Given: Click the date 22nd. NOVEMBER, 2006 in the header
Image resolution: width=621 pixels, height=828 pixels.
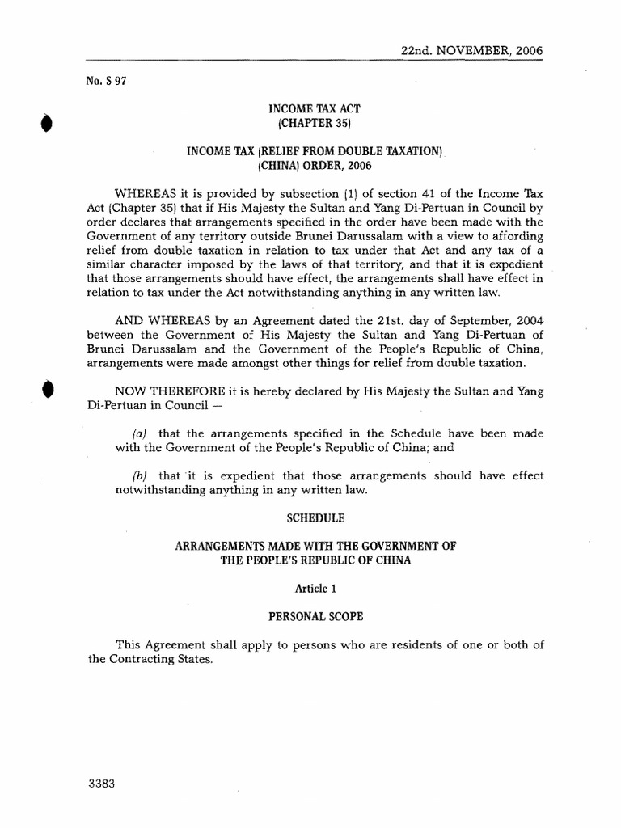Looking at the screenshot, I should pos(471,50).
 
